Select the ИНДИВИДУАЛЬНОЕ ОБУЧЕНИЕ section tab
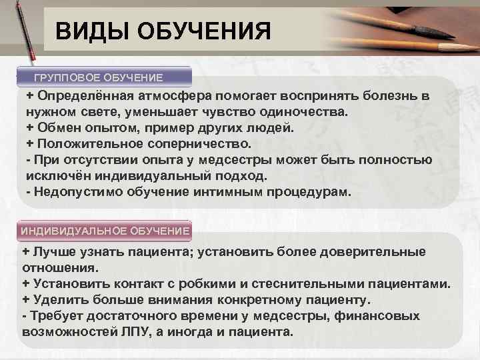click(x=105, y=231)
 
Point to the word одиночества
click(x=306, y=112)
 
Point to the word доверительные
click(x=373, y=251)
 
